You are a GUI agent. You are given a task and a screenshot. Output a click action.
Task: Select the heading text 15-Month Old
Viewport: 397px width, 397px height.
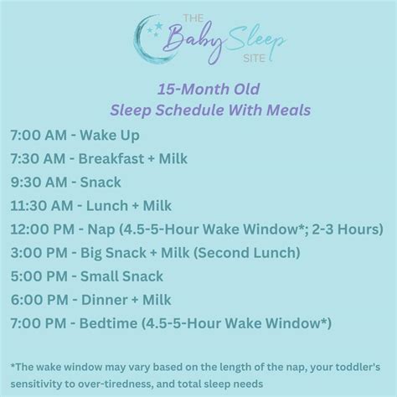[x=198, y=90]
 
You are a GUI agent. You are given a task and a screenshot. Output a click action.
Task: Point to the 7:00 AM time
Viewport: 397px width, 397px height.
[x=39, y=136]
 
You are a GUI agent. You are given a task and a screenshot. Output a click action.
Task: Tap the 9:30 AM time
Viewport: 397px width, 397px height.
[x=39, y=183]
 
